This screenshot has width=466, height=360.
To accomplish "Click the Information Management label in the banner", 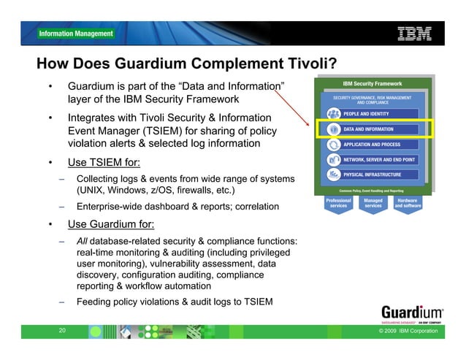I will tap(76, 34).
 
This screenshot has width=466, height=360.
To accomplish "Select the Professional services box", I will tap(338, 202).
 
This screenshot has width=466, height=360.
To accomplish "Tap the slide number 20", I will tap(61, 331).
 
